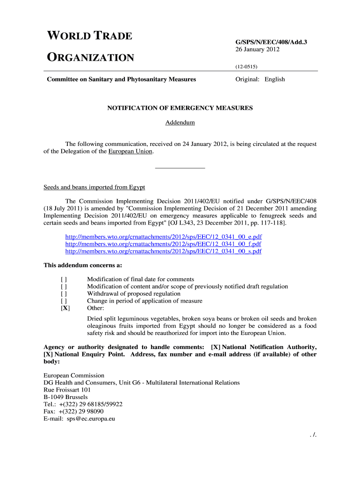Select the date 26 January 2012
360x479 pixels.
[257, 50]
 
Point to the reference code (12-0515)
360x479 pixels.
[246, 67]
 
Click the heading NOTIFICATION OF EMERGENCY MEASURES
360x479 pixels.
[180, 108]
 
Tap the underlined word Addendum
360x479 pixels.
[180, 123]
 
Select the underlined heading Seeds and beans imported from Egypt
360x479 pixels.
[94, 187]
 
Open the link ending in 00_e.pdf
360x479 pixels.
[163, 237]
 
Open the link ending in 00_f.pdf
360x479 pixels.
[163, 244]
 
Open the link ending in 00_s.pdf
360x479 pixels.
[163, 251]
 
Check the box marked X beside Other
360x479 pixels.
[65, 308]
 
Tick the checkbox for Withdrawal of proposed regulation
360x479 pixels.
[64, 294]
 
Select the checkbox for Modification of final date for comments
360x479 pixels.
[64, 279]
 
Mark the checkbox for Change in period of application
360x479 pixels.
[64, 301]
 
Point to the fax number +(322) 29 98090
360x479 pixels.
[81, 412]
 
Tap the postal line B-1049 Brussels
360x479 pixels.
[65, 397]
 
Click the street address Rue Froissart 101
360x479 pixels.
[67, 390]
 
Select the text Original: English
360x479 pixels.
[260, 79]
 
